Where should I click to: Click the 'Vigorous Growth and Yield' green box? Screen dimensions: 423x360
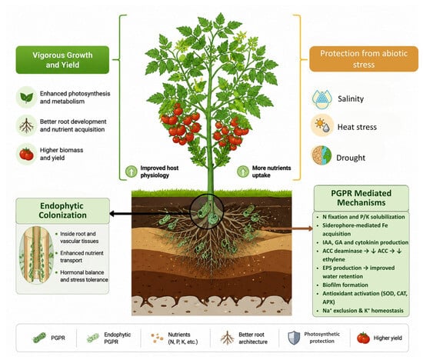(x=62, y=60)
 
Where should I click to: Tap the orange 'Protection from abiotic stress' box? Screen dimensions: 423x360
(x=364, y=58)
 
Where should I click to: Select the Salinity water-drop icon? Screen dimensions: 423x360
(x=321, y=98)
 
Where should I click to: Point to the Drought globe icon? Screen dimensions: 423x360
(x=321, y=155)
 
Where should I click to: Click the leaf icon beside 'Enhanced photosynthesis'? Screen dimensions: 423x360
(x=27, y=98)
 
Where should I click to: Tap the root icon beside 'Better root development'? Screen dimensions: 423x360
(x=26, y=125)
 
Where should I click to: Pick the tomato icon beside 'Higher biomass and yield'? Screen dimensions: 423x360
(x=26, y=154)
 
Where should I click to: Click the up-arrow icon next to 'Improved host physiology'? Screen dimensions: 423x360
(x=132, y=172)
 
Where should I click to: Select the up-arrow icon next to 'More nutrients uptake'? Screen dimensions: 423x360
(x=243, y=172)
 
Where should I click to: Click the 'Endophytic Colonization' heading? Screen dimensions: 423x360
(x=62, y=211)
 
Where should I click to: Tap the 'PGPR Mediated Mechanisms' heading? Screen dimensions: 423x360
(x=361, y=198)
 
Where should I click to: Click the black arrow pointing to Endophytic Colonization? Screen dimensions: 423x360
(x=150, y=214)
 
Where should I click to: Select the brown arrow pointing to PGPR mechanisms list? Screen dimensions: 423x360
(x=288, y=228)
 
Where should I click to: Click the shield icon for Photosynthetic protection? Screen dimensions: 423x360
(x=294, y=338)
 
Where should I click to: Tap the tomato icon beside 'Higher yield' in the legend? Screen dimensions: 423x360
(x=363, y=338)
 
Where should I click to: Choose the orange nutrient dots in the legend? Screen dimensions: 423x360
(x=157, y=338)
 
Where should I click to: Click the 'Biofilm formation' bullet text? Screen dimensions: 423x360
(x=345, y=285)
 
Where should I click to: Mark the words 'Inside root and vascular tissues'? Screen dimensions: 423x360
(x=79, y=238)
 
